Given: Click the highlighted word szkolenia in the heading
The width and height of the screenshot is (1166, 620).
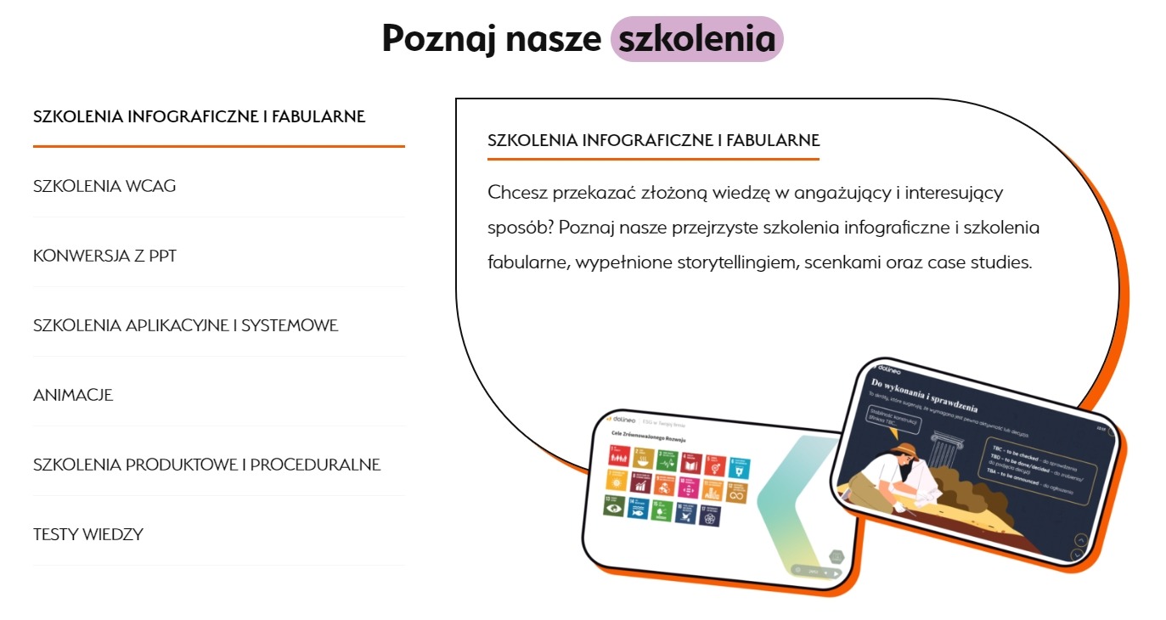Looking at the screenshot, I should pos(696,39).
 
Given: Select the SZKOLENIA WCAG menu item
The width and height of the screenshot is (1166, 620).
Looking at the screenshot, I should pos(104,186).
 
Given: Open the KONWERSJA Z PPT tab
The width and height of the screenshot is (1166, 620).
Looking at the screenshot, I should pos(104,256).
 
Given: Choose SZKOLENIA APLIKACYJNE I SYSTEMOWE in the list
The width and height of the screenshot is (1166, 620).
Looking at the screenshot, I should pos(185,325).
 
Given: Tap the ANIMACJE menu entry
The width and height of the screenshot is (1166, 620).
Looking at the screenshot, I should pos(73,395).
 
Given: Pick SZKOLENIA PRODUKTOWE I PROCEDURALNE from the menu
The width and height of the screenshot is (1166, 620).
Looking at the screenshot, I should pos(206,465).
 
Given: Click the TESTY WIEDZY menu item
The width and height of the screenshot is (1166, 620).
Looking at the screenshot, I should pos(88,534).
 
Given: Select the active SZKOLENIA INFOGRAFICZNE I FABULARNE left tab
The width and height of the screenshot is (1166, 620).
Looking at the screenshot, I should pos(199,116).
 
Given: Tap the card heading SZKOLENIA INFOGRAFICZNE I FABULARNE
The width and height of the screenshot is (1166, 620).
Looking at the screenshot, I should pos(653,140).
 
